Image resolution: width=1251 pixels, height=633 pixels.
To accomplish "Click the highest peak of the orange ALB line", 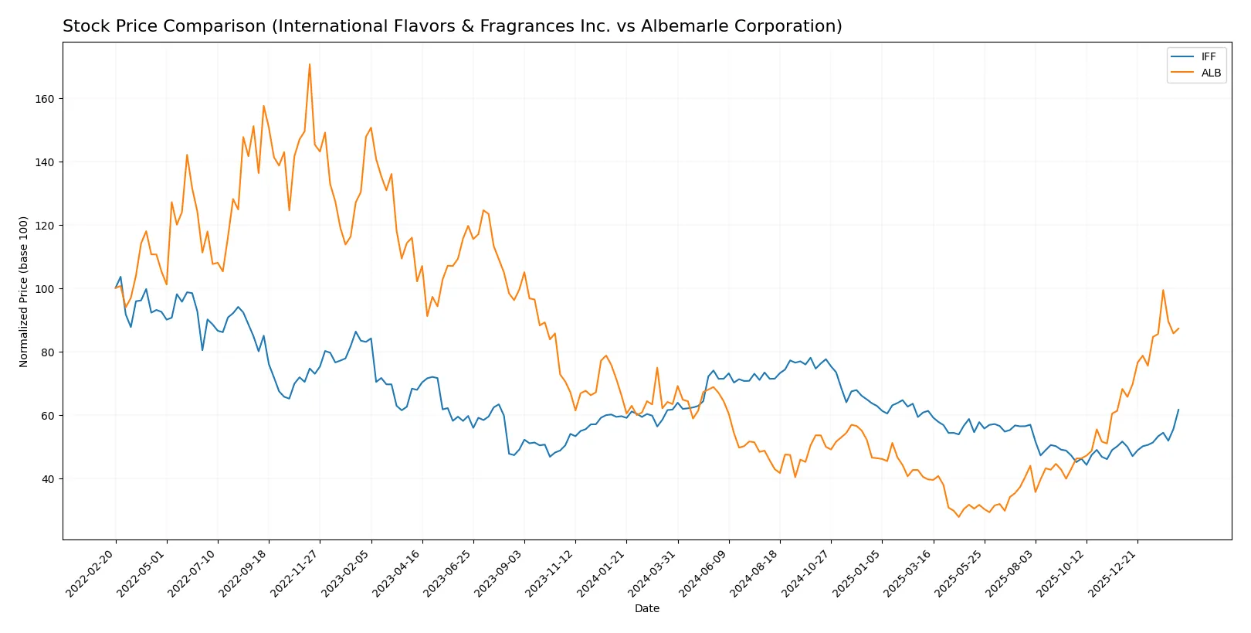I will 310,64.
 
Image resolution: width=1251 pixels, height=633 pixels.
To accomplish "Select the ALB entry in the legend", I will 1211,73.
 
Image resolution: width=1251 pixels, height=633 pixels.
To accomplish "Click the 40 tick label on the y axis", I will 47,479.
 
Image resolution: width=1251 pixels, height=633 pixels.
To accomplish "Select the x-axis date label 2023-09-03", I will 500,573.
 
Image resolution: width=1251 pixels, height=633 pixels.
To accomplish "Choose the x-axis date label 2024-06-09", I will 704,573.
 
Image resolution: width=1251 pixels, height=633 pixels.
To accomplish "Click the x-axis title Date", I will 646,609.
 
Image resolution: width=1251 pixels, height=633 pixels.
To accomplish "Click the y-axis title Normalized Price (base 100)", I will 24,291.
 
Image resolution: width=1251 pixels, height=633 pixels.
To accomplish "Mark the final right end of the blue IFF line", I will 1178,410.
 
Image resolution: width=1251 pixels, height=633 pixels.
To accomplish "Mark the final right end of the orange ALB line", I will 1178,328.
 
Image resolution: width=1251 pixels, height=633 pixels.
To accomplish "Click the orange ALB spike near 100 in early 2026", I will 1163,291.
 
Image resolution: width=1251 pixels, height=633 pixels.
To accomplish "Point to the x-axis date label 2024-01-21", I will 602,573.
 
